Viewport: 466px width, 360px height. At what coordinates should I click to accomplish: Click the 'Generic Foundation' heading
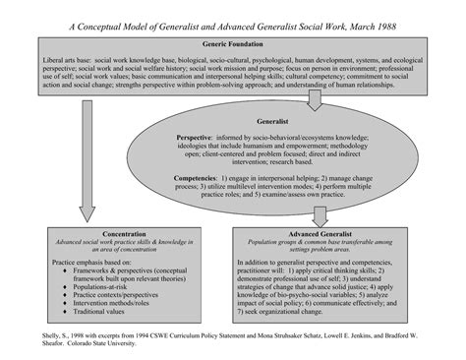coord(232,45)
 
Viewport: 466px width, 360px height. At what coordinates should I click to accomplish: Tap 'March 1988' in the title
coord(370,25)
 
